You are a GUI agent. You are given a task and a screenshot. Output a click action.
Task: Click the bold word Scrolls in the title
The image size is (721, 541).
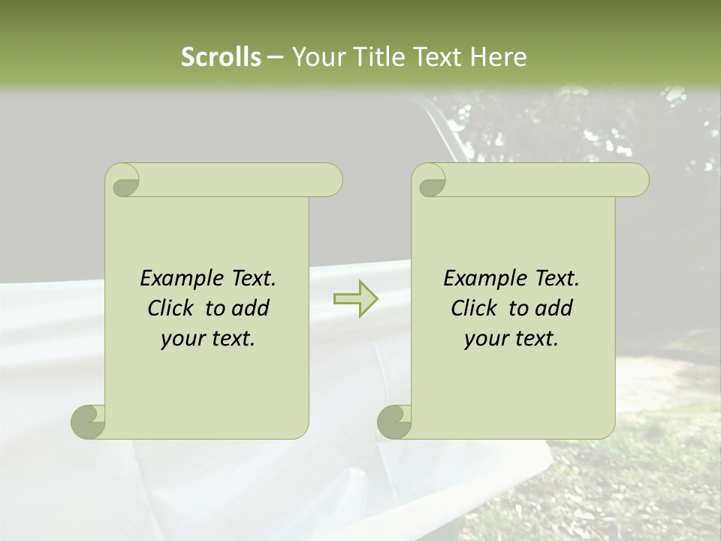(x=221, y=57)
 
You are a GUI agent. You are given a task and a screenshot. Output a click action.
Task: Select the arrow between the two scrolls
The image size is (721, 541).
(x=356, y=299)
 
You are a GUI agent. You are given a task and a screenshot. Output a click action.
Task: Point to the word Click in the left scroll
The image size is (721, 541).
(x=170, y=309)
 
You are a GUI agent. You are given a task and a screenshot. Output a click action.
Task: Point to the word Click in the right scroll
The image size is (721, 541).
(x=474, y=309)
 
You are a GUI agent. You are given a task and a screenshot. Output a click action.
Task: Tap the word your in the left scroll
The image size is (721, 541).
(x=183, y=339)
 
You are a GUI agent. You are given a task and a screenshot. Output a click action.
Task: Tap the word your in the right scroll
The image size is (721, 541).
(x=486, y=339)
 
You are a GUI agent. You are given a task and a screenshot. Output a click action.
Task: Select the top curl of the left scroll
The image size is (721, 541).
(x=123, y=181)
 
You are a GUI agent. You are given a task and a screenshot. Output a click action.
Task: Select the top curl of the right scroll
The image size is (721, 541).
(x=430, y=181)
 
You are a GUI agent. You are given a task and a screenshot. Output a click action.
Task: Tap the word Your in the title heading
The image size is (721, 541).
(x=317, y=57)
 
